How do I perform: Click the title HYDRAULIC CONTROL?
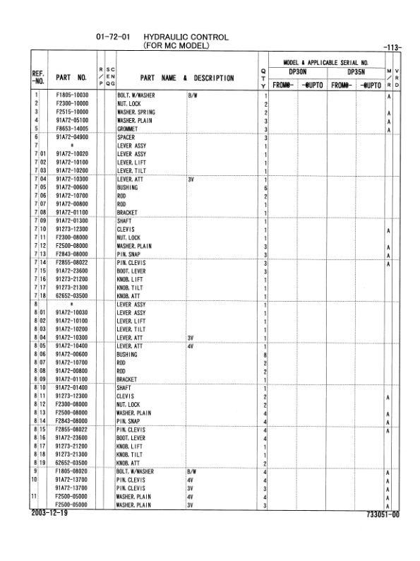[186, 37]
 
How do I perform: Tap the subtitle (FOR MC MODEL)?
[176, 46]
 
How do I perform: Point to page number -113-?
[392, 48]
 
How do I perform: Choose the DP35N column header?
[358, 71]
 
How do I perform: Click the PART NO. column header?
[71, 77]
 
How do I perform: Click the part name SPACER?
[126, 137]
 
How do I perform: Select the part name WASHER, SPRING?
[136, 112]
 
